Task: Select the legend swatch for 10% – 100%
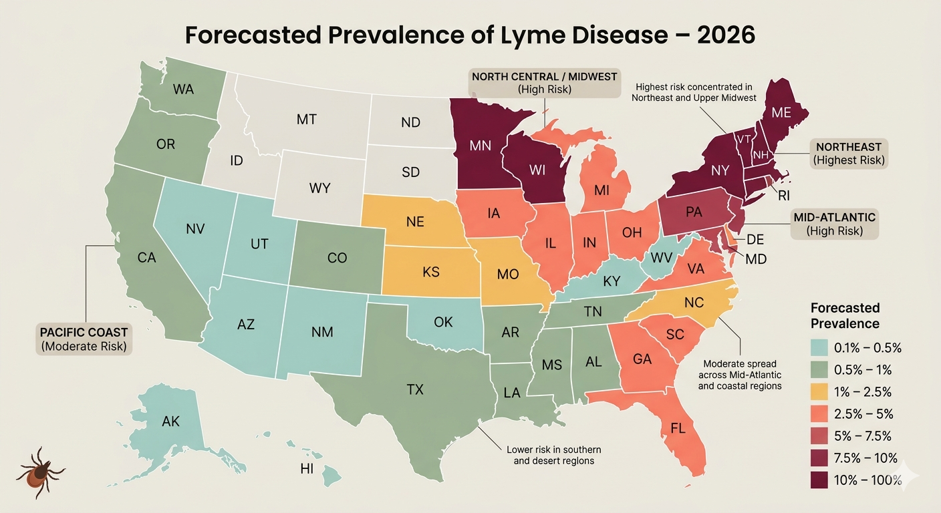819,480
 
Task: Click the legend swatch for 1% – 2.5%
819,391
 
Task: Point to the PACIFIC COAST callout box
84,339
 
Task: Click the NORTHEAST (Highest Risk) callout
848,153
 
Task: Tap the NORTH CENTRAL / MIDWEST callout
544,83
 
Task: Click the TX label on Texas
415,389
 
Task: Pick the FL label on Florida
678,428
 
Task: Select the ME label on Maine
781,113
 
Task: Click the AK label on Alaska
171,421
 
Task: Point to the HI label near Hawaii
307,469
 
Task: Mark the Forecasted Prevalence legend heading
845,316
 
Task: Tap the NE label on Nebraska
415,222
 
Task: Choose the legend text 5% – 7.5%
863,436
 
